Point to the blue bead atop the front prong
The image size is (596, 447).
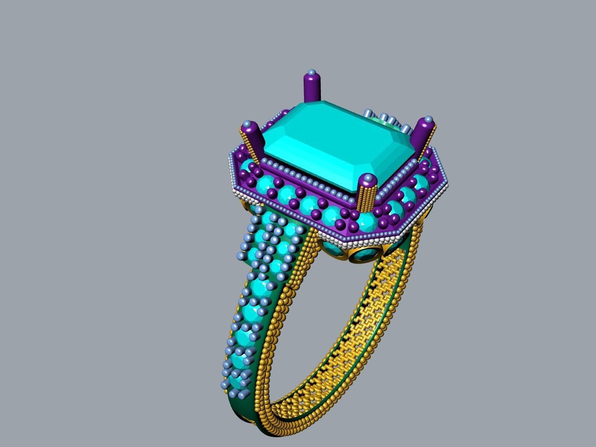(x=368, y=178)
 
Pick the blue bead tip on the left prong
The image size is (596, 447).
(x=249, y=124)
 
